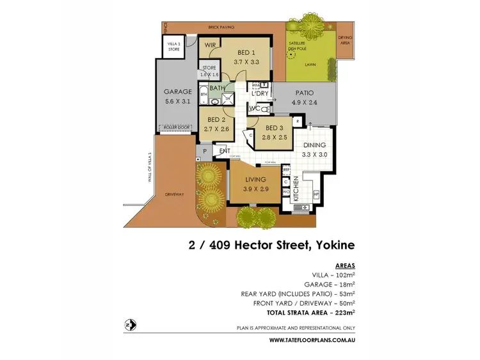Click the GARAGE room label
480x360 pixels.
(x=177, y=91)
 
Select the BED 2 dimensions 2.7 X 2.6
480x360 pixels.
(x=216, y=129)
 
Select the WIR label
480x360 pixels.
(x=209, y=46)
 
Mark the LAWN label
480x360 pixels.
(x=310, y=65)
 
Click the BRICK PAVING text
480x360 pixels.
(x=221, y=27)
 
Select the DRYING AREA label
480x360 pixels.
(x=346, y=40)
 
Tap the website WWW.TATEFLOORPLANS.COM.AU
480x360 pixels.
(x=312, y=340)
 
